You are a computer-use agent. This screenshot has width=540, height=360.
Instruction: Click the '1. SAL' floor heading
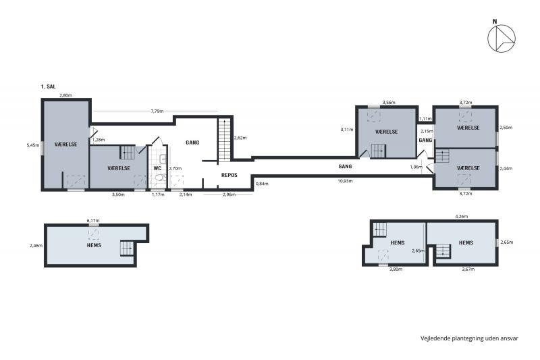49,88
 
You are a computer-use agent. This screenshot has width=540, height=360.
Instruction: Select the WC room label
157,168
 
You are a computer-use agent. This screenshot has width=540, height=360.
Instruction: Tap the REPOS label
229,174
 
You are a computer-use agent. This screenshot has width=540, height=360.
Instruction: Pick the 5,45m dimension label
32,145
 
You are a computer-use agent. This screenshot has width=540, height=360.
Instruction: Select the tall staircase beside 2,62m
224,138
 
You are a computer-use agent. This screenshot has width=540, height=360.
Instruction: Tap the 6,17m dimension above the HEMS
93,220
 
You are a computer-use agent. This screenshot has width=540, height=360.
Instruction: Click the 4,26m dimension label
462,217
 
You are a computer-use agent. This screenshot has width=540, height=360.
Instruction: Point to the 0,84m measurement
262,184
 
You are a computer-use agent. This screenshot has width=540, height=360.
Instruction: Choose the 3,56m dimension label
388,102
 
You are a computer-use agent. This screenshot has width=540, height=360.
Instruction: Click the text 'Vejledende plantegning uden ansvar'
469,338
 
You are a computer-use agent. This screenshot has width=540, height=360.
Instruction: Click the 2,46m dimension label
36,246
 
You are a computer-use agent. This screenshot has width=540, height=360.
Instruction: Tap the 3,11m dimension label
347,129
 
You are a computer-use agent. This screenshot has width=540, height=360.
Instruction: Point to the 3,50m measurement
118,195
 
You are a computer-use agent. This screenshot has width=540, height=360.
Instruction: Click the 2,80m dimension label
65,96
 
